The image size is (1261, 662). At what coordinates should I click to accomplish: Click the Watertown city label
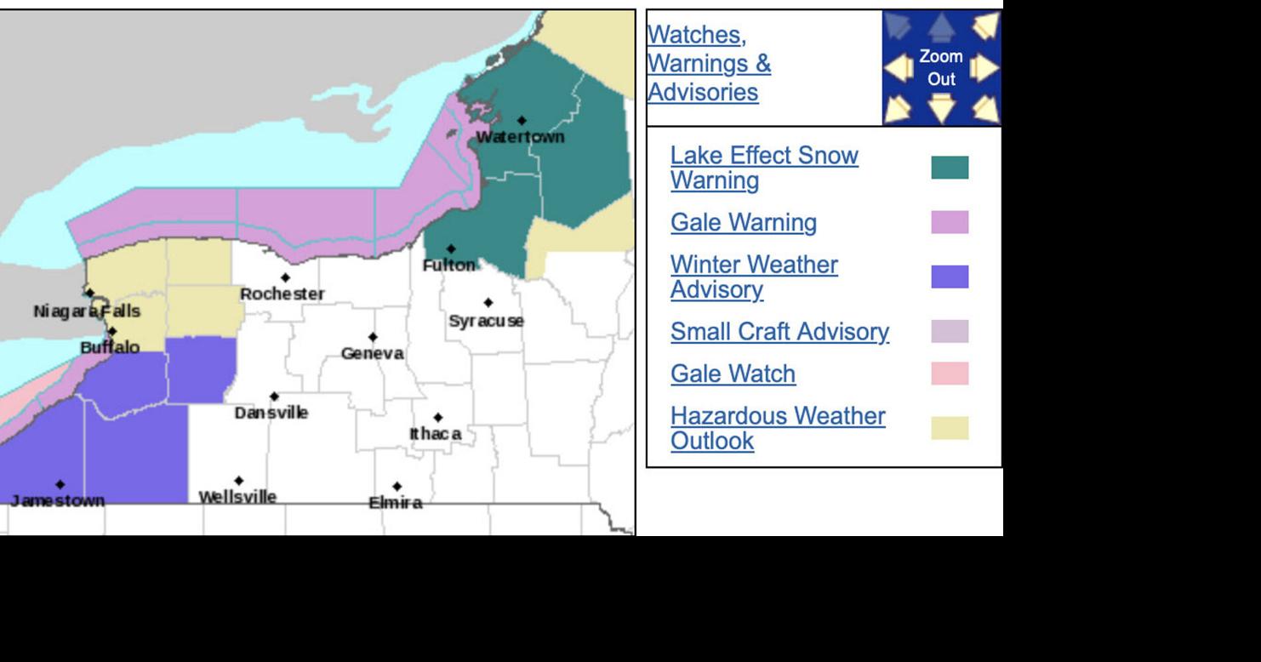click(x=520, y=137)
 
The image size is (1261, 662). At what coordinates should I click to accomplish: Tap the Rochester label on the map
click(x=282, y=294)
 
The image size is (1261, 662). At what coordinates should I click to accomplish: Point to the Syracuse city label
click(x=486, y=321)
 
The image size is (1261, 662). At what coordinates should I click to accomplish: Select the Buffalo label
click(x=110, y=347)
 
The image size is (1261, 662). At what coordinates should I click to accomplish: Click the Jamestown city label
click(x=58, y=500)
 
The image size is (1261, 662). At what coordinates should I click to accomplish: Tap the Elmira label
click(x=396, y=502)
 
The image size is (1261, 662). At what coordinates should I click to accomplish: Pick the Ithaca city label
click(x=436, y=434)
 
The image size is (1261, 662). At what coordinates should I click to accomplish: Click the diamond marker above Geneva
click(x=373, y=337)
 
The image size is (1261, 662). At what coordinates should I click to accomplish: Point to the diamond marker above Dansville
click(x=274, y=397)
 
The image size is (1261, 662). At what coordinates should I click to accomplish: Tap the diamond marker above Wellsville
click(x=238, y=481)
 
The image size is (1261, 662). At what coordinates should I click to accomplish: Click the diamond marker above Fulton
click(x=451, y=249)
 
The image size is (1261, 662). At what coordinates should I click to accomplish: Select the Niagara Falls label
click(x=87, y=311)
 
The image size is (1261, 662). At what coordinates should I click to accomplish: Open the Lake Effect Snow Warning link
click(x=763, y=168)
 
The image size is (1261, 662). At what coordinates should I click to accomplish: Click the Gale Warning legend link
click(x=743, y=223)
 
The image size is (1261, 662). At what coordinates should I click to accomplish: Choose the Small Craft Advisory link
click(x=779, y=332)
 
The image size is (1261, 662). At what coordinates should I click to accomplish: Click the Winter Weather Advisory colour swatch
click(x=950, y=277)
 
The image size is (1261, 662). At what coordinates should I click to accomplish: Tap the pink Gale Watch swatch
click(x=950, y=374)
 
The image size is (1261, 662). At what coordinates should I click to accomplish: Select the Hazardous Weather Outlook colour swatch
click(x=950, y=428)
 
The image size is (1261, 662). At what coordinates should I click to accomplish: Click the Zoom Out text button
click(x=941, y=68)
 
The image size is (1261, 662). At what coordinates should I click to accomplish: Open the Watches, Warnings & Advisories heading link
click(x=709, y=64)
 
